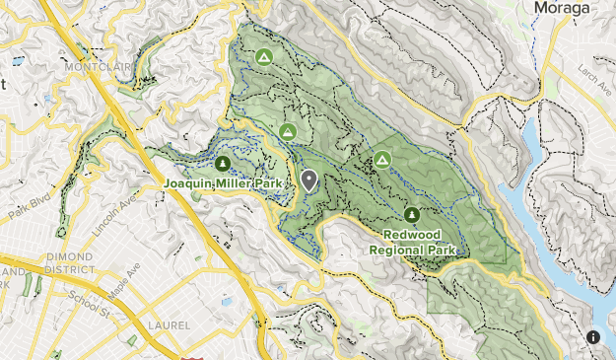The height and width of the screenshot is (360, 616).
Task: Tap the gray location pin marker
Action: click(309, 180)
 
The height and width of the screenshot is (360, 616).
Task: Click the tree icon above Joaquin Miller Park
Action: click(222, 164)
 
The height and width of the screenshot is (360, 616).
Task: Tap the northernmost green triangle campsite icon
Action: click(263, 58)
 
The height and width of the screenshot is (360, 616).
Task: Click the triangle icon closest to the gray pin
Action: click(288, 131)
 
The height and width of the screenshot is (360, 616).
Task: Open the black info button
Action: click(593, 337)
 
